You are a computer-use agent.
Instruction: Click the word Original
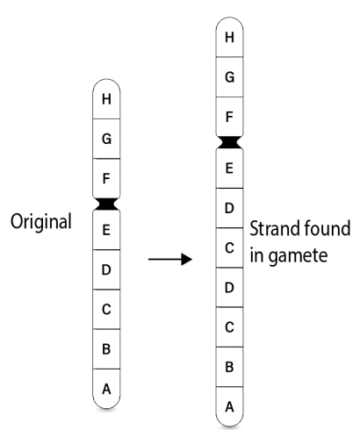[41, 222]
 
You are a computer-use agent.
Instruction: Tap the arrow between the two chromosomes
[170, 259]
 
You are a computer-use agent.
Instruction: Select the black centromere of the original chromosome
[106, 204]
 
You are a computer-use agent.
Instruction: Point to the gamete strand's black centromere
[229, 142]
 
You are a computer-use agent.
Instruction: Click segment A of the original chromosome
[106, 389]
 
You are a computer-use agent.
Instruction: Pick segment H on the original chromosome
[106, 99]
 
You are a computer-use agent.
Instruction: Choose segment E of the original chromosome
[106, 230]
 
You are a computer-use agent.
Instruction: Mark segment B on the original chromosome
[106, 349]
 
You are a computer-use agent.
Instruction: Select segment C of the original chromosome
[106, 309]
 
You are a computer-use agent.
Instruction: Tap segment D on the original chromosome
[106, 269]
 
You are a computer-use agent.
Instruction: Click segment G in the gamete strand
[229, 77]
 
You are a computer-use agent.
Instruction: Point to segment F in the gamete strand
[229, 117]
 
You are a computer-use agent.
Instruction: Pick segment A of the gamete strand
[229, 406]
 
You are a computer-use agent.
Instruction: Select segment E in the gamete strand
[229, 168]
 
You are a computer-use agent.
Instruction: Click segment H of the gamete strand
[229, 37]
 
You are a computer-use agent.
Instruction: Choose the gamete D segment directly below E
[229, 208]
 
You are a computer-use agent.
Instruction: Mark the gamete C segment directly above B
[229, 327]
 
